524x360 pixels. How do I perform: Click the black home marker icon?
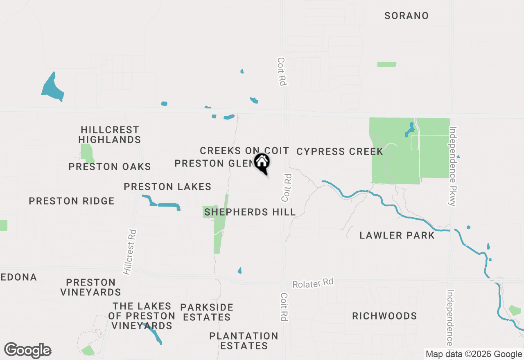pos(262,162)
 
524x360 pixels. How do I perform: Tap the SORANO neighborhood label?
pos(407,16)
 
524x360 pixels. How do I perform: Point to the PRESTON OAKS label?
pos(110,167)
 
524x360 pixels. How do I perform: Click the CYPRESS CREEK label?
pos(340,152)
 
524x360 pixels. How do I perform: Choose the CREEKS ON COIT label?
pos(244,151)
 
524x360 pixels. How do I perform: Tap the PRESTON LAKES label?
pos(167,187)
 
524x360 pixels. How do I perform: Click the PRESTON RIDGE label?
pos(72,201)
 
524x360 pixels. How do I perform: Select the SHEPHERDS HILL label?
pos(250,212)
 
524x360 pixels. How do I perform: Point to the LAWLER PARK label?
pos(397,236)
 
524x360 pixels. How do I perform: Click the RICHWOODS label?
pos(384,316)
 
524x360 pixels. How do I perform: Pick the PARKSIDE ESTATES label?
pos(207,312)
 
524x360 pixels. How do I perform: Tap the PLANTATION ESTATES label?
pos(244,341)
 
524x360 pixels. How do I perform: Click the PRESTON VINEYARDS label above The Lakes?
pos(90,287)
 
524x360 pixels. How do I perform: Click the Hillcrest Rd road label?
pos(130,252)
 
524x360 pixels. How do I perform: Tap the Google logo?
pos(28,351)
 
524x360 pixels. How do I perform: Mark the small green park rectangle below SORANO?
pos(386,64)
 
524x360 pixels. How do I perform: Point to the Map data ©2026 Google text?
pos(474,354)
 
